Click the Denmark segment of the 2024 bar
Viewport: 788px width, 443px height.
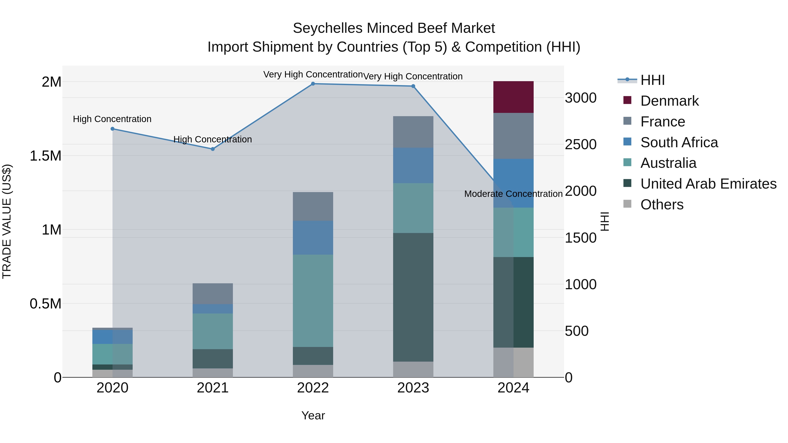tap(513, 97)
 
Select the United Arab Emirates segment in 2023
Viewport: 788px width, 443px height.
tap(413, 297)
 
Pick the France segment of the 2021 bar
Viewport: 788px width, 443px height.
tap(213, 294)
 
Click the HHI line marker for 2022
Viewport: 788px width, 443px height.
tap(313, 84)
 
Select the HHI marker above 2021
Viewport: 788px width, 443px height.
tap(213, 149)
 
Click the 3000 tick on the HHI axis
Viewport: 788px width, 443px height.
tap(580, 98)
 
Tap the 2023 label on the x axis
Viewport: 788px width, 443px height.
tap(413, 388)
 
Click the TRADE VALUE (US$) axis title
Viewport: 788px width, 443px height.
tap(7, 221)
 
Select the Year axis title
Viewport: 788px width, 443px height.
tap(313, 415)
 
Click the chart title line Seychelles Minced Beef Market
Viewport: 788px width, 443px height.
tap(394, 28)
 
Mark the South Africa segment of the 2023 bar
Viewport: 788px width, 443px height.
tap(413, 165)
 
